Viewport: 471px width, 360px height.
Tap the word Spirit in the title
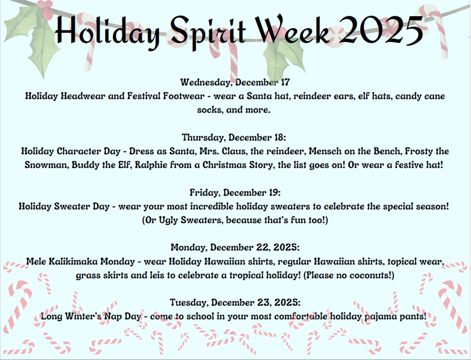click(x=206, y=31)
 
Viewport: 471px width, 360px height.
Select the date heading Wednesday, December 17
click(x=235, y=82)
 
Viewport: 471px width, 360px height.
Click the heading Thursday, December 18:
click(x=235, y=137)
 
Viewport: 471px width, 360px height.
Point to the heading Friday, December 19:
click(x=235, y=192)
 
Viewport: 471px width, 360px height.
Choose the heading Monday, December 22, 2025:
click(x=235, y=247)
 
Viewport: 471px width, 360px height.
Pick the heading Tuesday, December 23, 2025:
click(x=235, y=302)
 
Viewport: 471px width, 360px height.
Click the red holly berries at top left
click(x=44, y=7)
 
